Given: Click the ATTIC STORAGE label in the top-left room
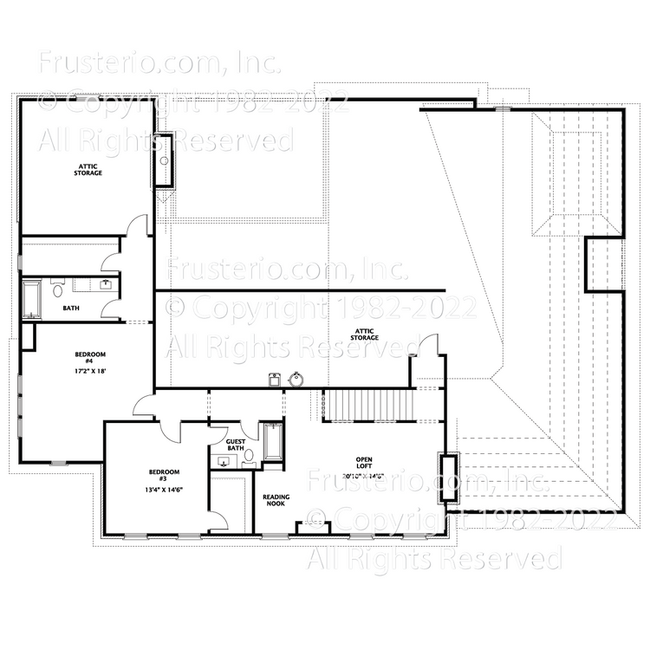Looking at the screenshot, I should point(88,170).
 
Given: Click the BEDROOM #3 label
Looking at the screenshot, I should point(163,475).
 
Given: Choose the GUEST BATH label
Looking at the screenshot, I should point(236,445).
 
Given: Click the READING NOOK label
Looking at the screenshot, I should point(276,500).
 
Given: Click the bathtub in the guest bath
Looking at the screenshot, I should point(270,441).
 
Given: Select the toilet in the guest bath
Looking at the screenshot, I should point(250,455).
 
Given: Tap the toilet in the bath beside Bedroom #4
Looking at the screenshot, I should point(58,288).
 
